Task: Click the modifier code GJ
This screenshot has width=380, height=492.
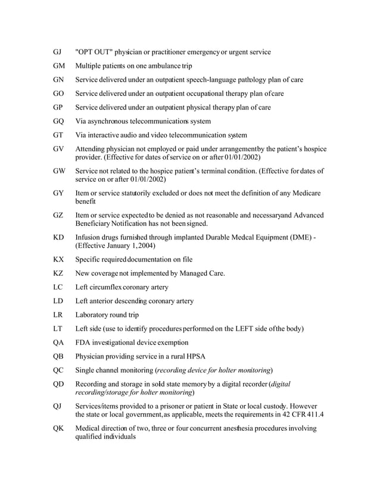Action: pyautogui.click(x=57, y=52)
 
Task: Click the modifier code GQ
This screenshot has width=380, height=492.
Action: pyautogui.click(x=58, y=121)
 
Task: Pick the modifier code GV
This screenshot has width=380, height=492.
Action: pyautogui.click(x=58, y=149)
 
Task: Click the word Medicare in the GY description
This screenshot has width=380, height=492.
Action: pyautogui.click(x=305, y=194)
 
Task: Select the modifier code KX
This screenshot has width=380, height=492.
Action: pyautogui.click(x=58, y=260)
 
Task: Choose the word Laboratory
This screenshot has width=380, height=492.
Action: pyautogui.click(x=95, y=315)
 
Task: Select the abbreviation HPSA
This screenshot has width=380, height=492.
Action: pyautogui.click(x=194, y=356)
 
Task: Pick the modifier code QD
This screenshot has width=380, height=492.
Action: pyautogui.click(x=58, y=384)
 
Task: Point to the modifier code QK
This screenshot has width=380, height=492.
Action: pyautogui.click(x=58, y=429)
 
